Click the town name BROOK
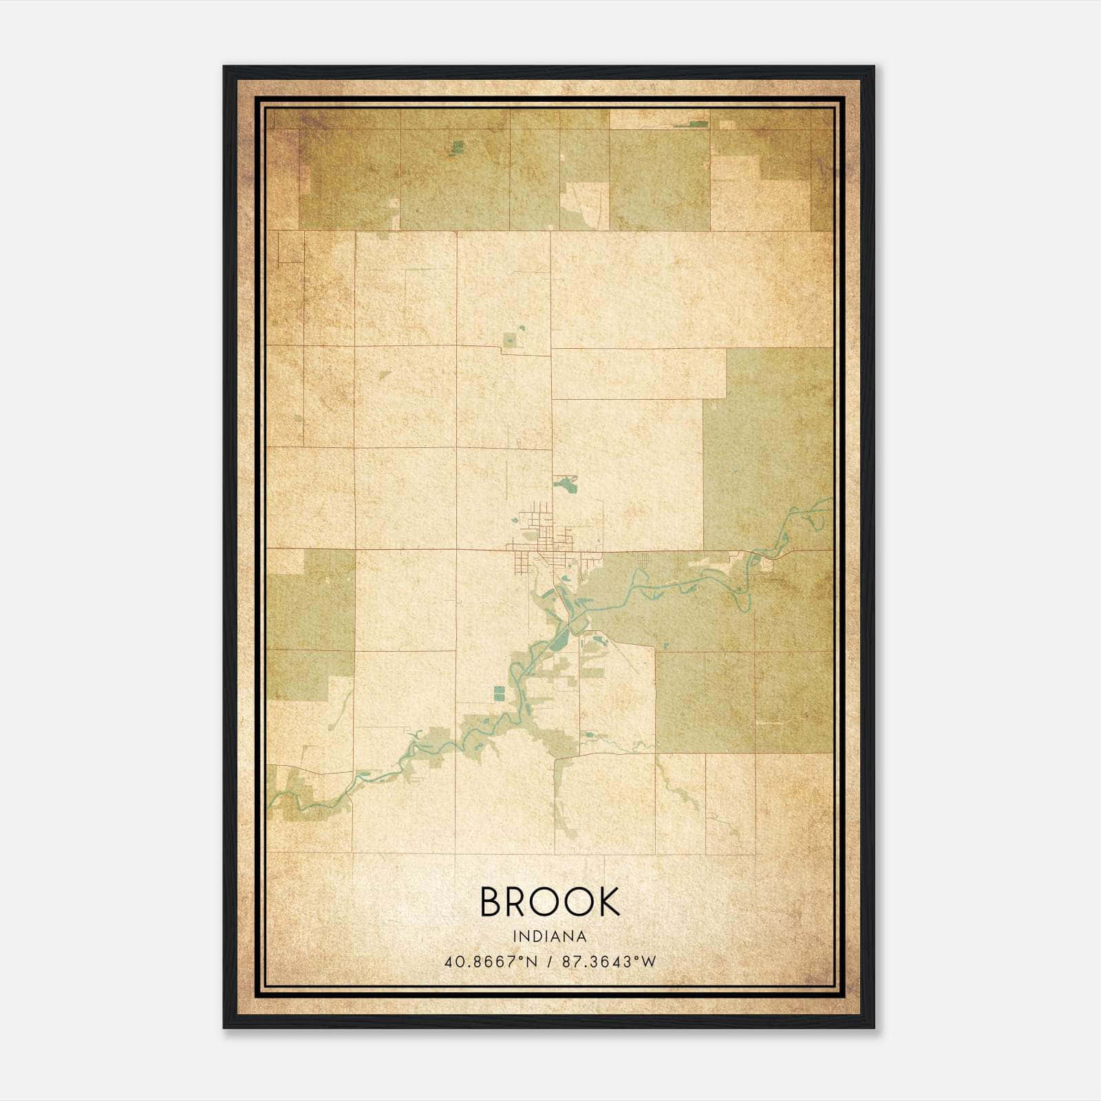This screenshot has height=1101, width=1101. point(550,901)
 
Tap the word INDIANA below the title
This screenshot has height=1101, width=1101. point(550,937)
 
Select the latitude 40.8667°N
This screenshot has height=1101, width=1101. point(490,961)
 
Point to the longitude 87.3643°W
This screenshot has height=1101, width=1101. point(609,961)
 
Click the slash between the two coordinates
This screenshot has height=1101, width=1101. point(548,961)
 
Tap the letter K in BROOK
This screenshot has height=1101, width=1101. point(606,901)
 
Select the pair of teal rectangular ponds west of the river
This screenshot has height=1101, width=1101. point(498,692)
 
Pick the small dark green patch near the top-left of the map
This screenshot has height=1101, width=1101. point(457,146)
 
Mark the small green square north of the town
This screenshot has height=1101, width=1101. point(510,340)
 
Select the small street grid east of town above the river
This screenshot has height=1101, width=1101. point(643,561)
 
